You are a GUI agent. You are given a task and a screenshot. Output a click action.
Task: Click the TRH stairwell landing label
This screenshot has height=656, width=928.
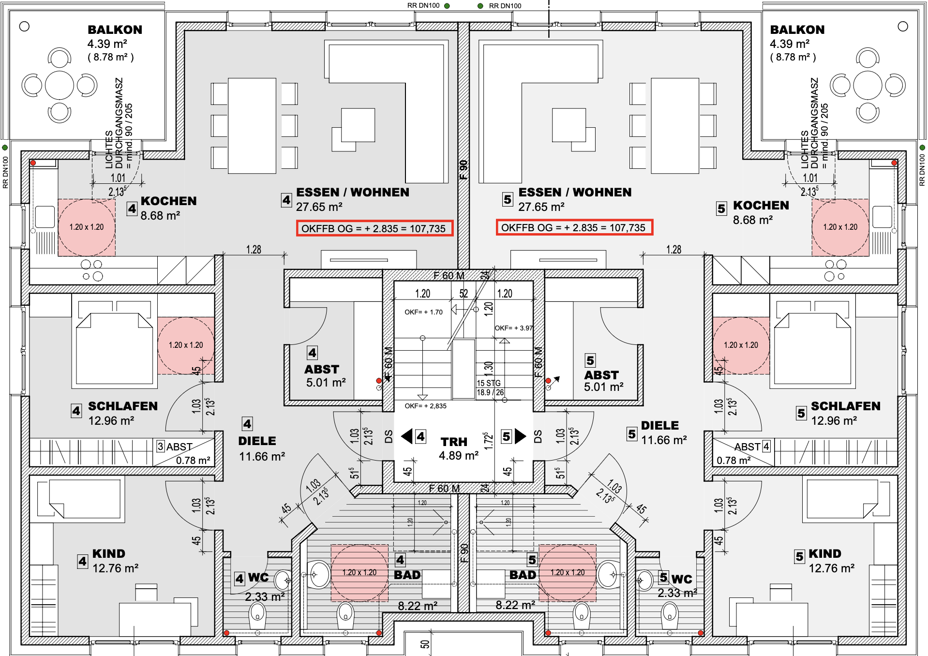454,442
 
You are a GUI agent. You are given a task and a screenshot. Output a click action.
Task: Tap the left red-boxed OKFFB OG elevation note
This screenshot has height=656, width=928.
374,228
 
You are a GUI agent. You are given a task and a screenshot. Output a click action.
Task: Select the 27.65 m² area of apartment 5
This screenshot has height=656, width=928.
541,207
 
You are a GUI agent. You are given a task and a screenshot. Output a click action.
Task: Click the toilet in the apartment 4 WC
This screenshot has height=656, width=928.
257,615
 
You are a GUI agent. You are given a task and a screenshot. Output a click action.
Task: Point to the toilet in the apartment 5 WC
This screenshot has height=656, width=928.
670,615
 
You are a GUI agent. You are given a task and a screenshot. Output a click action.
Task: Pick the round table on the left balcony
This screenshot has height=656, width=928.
60,86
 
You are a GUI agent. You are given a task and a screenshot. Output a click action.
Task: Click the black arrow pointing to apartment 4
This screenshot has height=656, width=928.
407,436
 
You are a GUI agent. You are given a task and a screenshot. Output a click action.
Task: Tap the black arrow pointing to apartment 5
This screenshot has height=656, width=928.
521,436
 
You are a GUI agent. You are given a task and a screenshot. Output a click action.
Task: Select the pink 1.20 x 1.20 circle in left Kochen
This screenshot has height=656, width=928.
87,227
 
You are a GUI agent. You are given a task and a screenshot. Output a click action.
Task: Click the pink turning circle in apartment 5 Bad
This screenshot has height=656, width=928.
568,573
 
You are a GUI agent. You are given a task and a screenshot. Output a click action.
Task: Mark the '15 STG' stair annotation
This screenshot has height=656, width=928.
489,383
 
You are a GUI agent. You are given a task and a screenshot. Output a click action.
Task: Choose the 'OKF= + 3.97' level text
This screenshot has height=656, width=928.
514,328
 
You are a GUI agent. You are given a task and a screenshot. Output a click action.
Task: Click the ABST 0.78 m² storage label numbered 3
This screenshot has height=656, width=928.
184,453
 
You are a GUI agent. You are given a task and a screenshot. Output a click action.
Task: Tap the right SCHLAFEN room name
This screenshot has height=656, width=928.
846,406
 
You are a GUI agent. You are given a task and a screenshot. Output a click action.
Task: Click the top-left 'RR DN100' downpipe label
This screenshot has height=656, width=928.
423,6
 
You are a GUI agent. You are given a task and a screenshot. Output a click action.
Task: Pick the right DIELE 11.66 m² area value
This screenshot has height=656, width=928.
664,440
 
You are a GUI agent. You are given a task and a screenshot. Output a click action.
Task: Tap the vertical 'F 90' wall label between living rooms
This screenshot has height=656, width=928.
464,169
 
